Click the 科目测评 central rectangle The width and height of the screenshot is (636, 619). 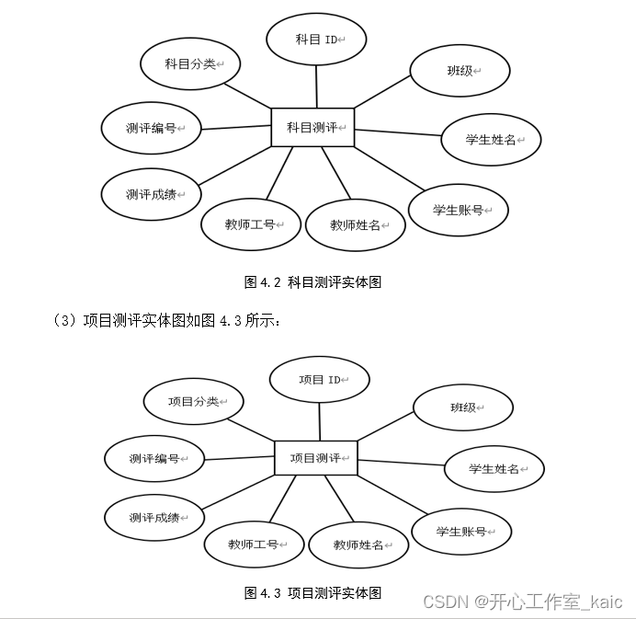[312, 127]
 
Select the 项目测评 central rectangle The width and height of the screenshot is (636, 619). [316, 457]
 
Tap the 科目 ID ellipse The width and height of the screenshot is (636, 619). [316, 40]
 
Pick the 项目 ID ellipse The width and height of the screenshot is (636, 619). [320, 380]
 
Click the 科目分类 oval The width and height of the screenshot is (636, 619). [190, 64]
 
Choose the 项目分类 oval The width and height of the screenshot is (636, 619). [193, 402]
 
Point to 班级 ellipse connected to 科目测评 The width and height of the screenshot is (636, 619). [460, 70]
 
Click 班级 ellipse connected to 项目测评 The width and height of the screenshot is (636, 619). [463, 407]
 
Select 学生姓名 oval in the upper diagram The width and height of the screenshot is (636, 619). [491, 140]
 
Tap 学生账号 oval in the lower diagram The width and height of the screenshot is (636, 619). [461, 532]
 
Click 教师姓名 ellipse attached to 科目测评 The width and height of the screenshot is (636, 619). [356, 224]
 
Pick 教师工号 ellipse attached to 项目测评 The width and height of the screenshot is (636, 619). [254, 544]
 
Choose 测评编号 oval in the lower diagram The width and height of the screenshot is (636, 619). [154, 458]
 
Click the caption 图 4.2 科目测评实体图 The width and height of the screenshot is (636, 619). [312, 282]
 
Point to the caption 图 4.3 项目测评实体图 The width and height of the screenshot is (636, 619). [312, 592]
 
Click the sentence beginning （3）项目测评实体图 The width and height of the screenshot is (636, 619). [166, 320]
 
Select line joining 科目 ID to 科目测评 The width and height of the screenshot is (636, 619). [316, 87]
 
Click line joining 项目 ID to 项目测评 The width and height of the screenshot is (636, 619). [319, 422]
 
